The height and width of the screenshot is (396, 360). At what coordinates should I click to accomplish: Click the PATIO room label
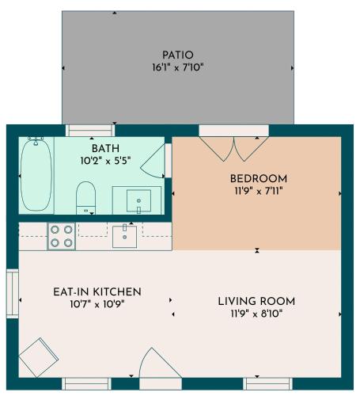(x=178, y=55)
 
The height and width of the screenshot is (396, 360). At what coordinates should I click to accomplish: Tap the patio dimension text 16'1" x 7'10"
(x=178, y=67)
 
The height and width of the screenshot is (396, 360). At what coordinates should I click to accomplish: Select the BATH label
(x=105, y=148)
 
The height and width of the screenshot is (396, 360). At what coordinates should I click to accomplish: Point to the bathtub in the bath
(x=36, y=174)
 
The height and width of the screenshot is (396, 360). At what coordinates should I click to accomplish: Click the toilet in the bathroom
(x=85, y=197)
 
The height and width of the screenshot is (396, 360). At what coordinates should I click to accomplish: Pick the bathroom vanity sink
(x=138, y=200)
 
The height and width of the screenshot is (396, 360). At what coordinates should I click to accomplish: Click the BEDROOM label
(x=259, y=179)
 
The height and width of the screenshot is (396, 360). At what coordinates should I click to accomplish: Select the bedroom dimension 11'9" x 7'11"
(x=259, y=191)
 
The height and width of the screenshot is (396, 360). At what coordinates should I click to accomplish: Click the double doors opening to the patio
(x=234, y=149)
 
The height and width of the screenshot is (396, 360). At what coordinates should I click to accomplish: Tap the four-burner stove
(x=61, y=236)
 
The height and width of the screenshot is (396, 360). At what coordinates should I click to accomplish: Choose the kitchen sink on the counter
(x=125, y=237)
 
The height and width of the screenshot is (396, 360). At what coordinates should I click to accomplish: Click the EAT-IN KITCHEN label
(x=97, y=292)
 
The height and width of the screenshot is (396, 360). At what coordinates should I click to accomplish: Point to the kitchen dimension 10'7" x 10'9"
(x=97, y=304)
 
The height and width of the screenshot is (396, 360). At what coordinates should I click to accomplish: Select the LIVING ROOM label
(x=256, y=302)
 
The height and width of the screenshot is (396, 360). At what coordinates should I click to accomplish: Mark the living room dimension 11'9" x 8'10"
(x=256, y=314)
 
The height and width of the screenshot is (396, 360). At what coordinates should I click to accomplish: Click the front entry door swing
(x=160, y=363)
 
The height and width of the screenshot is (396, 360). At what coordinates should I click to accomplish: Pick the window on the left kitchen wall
(x=13, y=294)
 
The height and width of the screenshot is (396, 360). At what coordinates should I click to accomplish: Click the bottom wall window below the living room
(x=267, y=384)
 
